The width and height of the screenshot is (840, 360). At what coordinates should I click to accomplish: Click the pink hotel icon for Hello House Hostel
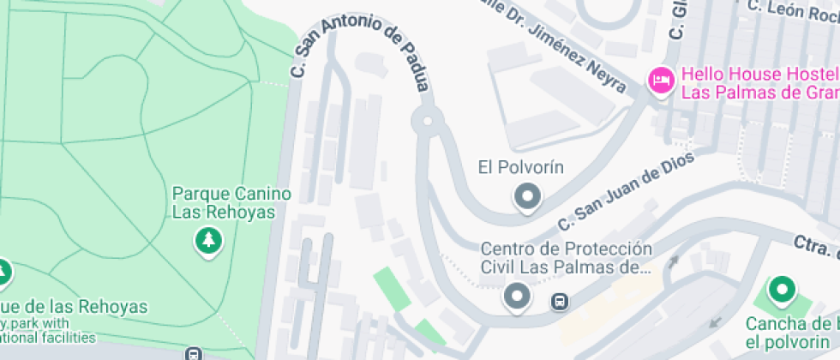[x=661, y=81]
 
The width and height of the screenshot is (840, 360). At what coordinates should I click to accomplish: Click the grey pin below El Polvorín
[x=526, y=197]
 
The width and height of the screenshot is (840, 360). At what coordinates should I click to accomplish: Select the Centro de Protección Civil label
[x=567, y=257]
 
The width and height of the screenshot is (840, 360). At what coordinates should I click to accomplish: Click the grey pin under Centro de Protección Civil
[x=516, y=297]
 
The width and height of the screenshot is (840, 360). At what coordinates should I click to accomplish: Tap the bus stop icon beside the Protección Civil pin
[x=559, y=302]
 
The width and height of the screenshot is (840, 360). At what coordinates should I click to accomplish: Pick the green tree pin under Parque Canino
[x=207, y=241]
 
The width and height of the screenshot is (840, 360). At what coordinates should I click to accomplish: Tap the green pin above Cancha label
[x=782, y=291]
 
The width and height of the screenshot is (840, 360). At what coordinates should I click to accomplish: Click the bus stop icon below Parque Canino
[x=194, y=353]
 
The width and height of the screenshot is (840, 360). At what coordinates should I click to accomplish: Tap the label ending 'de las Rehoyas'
[x=74, y=306]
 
